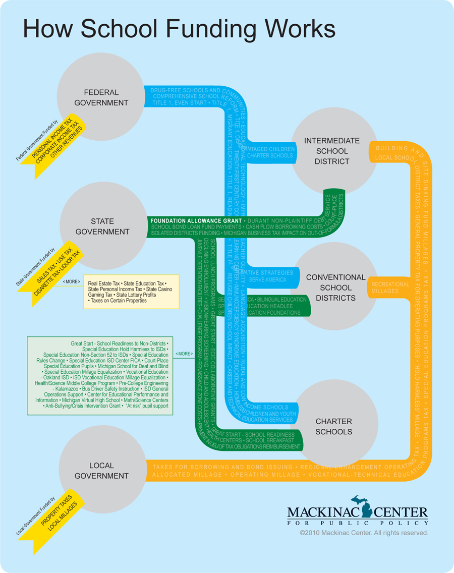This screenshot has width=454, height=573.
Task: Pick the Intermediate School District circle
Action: (331, 151)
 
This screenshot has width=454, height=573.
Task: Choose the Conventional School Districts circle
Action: (335, 288)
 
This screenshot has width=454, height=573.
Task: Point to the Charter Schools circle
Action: (333, 426)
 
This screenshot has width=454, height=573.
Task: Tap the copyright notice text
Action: (364, 533)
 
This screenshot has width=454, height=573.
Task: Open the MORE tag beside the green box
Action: (184, 354)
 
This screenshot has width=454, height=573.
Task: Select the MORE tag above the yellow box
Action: (71, 281)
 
